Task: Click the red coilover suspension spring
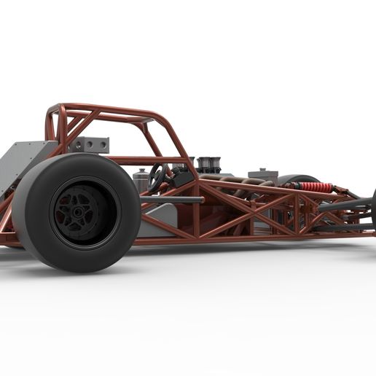click(315, 187)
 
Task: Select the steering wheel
click(156, 177)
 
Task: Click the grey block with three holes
click(90, 144)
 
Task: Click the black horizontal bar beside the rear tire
click(171, 200)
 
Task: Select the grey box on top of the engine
click(260, 175)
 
